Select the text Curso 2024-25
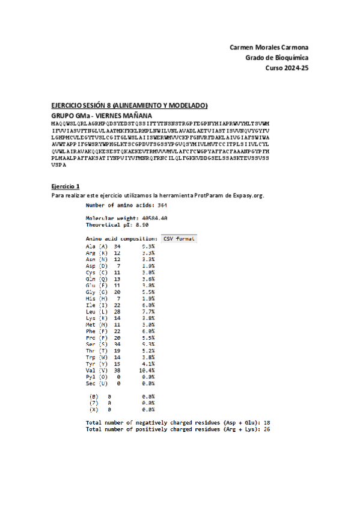click(x=287, y=68)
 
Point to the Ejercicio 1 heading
click(x=65, y=186)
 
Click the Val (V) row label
click(x=97, y=370)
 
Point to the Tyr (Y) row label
click(x=97, y=363)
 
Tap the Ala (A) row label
click(x=97, y=246)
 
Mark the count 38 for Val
click(x=118, y=370)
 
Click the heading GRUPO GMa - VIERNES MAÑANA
click(x=102, y=115)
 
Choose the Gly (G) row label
click(x=97, y=292)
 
